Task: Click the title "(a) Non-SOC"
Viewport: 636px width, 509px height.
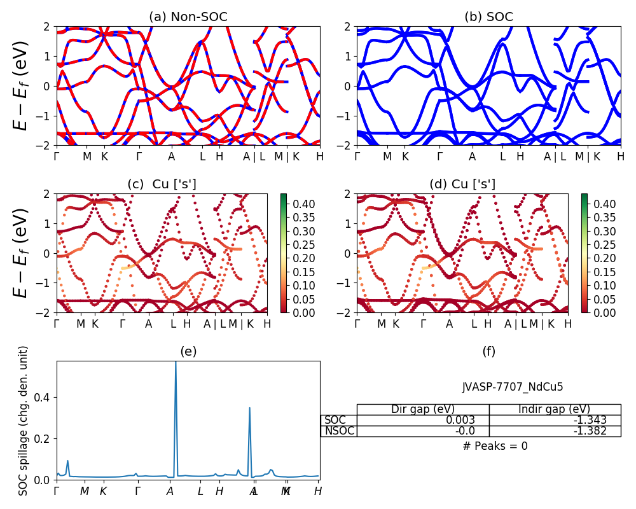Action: coord(188,17)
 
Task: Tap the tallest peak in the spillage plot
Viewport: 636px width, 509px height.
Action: coord(176,363)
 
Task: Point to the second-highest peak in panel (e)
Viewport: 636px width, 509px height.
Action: coord(249,408)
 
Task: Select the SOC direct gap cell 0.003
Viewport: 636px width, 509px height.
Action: coord(423,420)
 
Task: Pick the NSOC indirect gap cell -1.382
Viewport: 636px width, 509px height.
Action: coord(555,431)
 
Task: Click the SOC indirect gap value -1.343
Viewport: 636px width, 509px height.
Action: coord(555,420)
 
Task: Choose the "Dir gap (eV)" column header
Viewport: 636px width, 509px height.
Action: coord(423,409)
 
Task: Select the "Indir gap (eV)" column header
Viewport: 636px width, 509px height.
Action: coord(555,409)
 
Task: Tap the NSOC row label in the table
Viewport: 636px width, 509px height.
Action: coord(339,431)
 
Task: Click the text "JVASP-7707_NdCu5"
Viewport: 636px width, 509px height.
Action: coord(513,386)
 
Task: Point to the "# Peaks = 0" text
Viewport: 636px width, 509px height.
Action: coord(495,446)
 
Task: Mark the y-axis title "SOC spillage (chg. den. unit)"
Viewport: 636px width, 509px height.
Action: coord(24,421)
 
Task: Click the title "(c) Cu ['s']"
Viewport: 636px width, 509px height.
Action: coord(162,184)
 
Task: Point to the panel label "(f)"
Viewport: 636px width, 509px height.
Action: coord(488,351)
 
